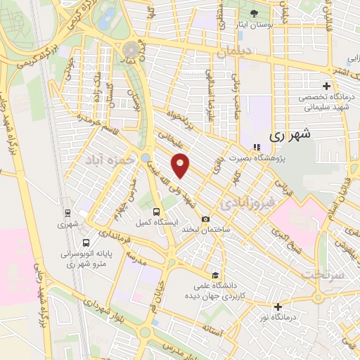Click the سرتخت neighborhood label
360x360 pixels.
(325, 274)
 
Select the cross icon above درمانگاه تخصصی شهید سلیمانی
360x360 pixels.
(326, 86)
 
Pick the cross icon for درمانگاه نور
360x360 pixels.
(279, 306)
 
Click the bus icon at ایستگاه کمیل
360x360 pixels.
(156, 210)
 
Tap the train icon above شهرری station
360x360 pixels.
(67, 212)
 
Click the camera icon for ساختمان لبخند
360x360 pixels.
(205, 219)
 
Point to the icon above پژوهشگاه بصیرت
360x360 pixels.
(257, 147)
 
